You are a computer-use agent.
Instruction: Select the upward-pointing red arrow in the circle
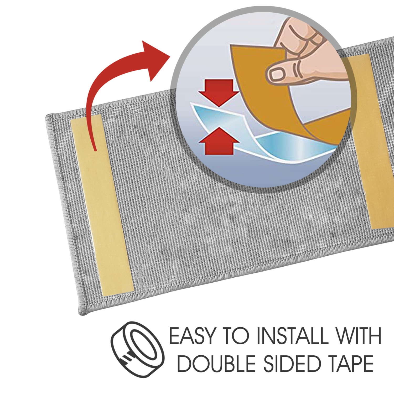219,142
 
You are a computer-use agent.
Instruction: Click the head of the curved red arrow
155,59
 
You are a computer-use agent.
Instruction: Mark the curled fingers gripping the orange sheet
302,39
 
